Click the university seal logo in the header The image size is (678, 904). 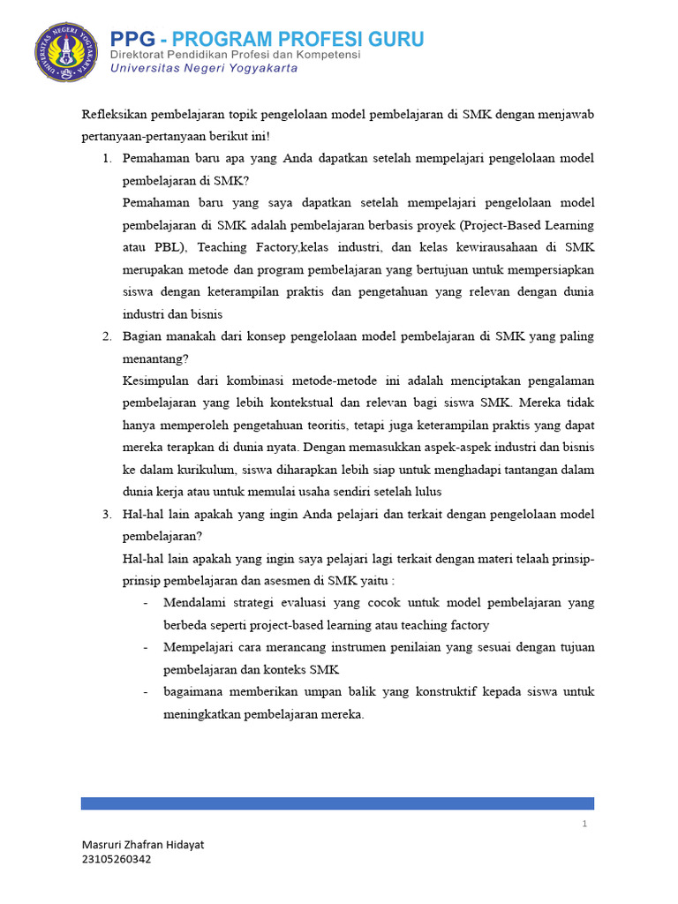click(67, 52)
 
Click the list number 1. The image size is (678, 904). click(105, 158)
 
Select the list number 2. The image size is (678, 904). click(105, 336)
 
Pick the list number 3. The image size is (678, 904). click(105, 514)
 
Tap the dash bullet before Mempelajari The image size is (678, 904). click(145, 647)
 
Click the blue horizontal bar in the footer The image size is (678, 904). click(337, 802)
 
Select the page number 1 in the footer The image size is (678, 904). click(584, 824)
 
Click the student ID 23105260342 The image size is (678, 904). click(116, 859)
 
